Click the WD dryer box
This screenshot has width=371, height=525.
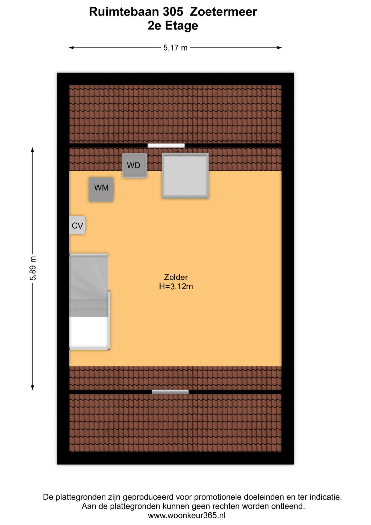(134, 165)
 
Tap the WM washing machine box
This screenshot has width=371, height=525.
(101, 189)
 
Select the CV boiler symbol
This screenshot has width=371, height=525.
(77, 225)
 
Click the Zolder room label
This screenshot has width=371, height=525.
(176, 277)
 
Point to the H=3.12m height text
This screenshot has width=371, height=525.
(176, 287)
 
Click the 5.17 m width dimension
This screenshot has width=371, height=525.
(175, 48)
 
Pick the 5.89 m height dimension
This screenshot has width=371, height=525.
(33, 269)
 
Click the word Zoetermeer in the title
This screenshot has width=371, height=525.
(223, 12)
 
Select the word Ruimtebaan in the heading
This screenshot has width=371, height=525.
(124, 12)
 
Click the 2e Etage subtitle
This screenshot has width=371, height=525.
(173, 26)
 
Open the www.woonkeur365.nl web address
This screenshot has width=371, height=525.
(187, 516)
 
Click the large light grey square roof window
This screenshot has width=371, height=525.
(185, 176)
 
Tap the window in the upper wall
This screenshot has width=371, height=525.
(166, 145)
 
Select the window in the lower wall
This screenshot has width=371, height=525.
(170, 392)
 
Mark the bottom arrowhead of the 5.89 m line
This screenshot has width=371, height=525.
(33, 387)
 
